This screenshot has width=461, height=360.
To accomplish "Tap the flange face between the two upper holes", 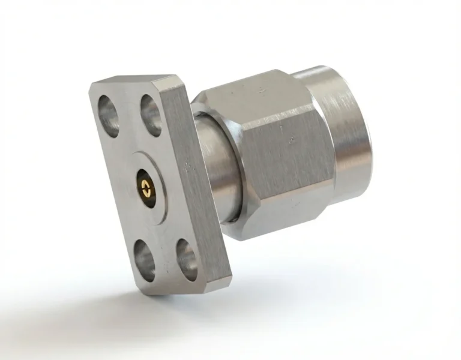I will pos(130,114).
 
